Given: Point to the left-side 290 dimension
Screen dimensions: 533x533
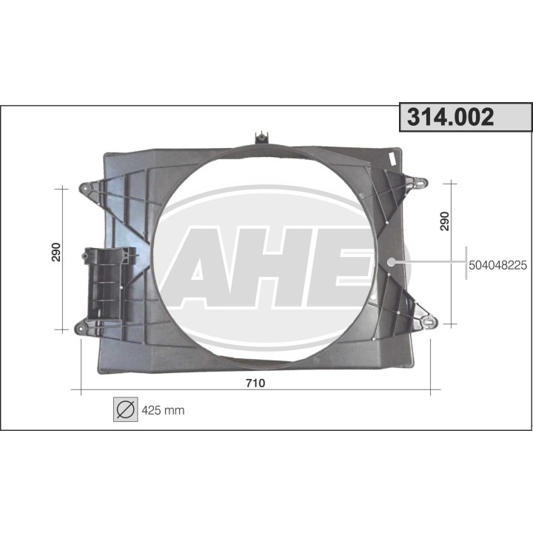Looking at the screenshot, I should [56, 252].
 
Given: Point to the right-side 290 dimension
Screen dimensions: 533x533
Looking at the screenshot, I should [445, 221].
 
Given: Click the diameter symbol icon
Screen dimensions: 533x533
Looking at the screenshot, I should [125, 409].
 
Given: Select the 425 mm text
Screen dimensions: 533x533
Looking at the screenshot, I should [162, 409].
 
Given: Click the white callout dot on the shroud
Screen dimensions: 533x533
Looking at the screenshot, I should [392, 261].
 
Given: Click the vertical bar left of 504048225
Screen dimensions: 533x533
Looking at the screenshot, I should [466, 263].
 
